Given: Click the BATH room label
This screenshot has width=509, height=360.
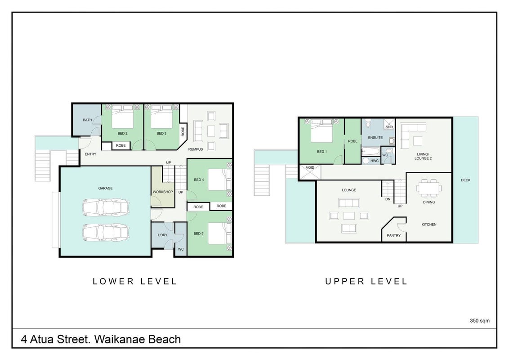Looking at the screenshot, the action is coord(87,120).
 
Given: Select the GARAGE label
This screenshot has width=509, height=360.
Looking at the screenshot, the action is coord(106,188).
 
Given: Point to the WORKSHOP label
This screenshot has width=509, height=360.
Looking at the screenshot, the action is coord(163,192).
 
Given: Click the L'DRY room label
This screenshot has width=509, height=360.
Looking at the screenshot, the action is coord(163,235).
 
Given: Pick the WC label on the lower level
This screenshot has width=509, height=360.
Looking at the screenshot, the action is coord(181,249).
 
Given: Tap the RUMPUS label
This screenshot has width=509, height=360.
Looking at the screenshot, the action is coord(196,149).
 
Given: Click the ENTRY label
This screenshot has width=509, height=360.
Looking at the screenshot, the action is coord(90,154).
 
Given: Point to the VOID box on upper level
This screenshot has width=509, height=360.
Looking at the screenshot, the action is coord(310,172).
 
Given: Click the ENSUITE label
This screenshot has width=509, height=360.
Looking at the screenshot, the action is coord(375,138).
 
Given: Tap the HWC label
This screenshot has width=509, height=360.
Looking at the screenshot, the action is coord(375,161).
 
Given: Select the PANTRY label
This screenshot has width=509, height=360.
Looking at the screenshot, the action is coord(394,235).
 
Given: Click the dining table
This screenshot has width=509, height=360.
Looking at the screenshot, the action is coord(429,188).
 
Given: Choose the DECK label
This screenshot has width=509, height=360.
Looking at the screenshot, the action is coord(465,180).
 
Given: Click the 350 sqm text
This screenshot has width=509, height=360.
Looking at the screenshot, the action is coord(480,321).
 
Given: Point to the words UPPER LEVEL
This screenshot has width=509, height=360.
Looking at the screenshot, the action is coord(366,281).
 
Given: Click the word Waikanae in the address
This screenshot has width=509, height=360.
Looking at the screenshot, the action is coord(120,339).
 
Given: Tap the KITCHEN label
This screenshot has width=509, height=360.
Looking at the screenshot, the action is coord(429,225).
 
